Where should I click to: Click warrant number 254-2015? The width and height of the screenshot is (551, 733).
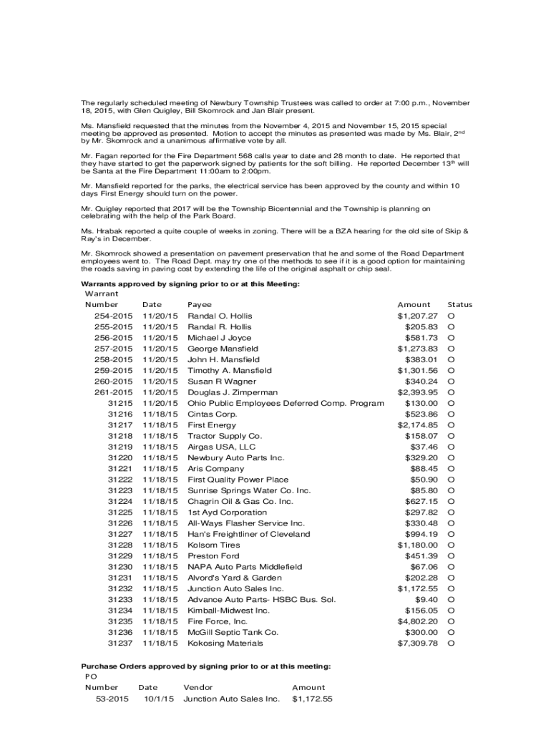click(113, 316)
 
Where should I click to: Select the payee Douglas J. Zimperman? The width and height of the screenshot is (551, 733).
click(233, 392)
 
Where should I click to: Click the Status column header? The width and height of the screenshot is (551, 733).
click(459, 304)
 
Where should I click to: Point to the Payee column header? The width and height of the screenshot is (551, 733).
click(200, 304)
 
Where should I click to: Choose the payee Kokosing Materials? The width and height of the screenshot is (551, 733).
click(225, 644)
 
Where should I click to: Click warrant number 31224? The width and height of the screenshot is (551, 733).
click(120, 502)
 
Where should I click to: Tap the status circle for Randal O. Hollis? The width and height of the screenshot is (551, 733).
click(452, 316)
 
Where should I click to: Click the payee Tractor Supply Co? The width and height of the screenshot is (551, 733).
click(225, 436)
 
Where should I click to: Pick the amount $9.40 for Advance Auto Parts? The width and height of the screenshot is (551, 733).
click(426, 600)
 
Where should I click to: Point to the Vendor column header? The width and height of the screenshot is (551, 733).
click(198, 687)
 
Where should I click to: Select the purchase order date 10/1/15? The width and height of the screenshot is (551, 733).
click(159, 699)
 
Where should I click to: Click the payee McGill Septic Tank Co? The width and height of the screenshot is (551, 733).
click(233, 633)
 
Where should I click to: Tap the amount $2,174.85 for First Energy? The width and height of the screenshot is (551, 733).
click(417, 425)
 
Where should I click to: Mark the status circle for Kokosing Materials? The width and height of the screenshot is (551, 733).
click(452, 644)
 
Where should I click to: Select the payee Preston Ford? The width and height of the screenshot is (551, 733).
click(213, 556)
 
